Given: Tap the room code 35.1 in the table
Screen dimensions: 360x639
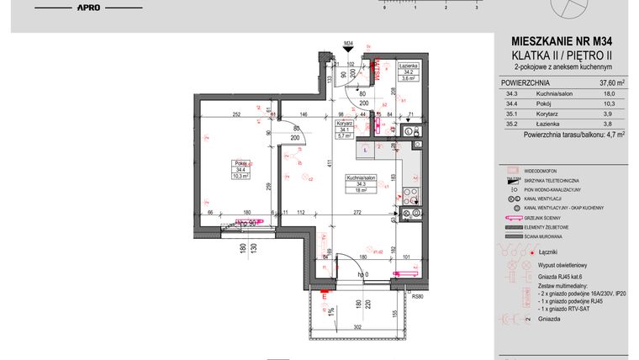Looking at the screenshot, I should pyautogui.click(x=512, y=113).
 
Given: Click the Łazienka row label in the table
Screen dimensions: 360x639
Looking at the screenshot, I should pyautogui.click(x=547, y=123).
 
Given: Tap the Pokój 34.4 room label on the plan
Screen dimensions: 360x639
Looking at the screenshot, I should pyautogui.click(x=243, y=170).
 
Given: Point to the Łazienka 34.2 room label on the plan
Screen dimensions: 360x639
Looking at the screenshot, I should pyautogui.click(x=407, y=71).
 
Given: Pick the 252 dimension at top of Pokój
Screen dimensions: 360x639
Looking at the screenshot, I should pyautogui.click(x=237, y=114).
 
